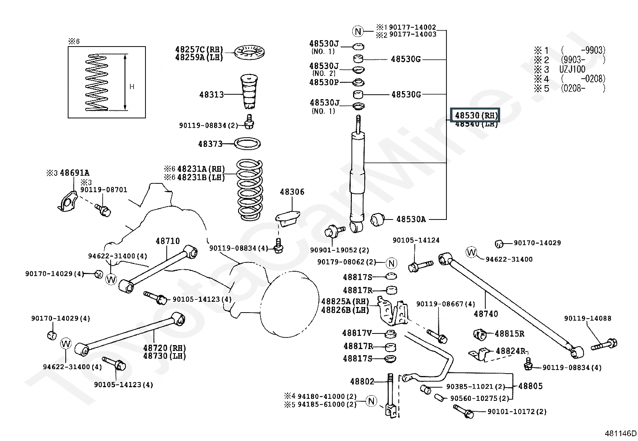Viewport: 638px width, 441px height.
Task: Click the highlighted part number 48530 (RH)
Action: [x=476, y=116]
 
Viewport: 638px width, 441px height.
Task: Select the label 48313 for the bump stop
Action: [x=211, y=95]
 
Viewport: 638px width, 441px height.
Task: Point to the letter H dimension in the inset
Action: [x=132, y=87]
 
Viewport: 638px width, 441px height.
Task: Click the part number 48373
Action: [x=210, y=144]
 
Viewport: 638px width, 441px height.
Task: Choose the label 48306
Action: [x=292, y=192]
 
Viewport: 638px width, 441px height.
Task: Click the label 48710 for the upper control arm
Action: [x=168, y=241]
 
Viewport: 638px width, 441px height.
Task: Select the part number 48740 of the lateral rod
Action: [x=486, y=314]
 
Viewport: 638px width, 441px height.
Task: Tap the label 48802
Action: [x=362, y=382]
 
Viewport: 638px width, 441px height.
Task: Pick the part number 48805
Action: [x=530, y=386]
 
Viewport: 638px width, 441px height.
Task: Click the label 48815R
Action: [x=509, y=334]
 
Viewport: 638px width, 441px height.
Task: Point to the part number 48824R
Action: [x=510, y=351]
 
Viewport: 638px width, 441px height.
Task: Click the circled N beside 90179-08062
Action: [x=391, y=263]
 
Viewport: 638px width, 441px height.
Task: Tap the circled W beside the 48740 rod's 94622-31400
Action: [x=471, y=252]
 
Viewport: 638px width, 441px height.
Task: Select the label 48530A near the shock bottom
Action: [x=411, y=219]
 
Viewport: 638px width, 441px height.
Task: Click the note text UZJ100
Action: [x=572, y=69]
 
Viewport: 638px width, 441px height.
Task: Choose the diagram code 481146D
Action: [x=620, y=433]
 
